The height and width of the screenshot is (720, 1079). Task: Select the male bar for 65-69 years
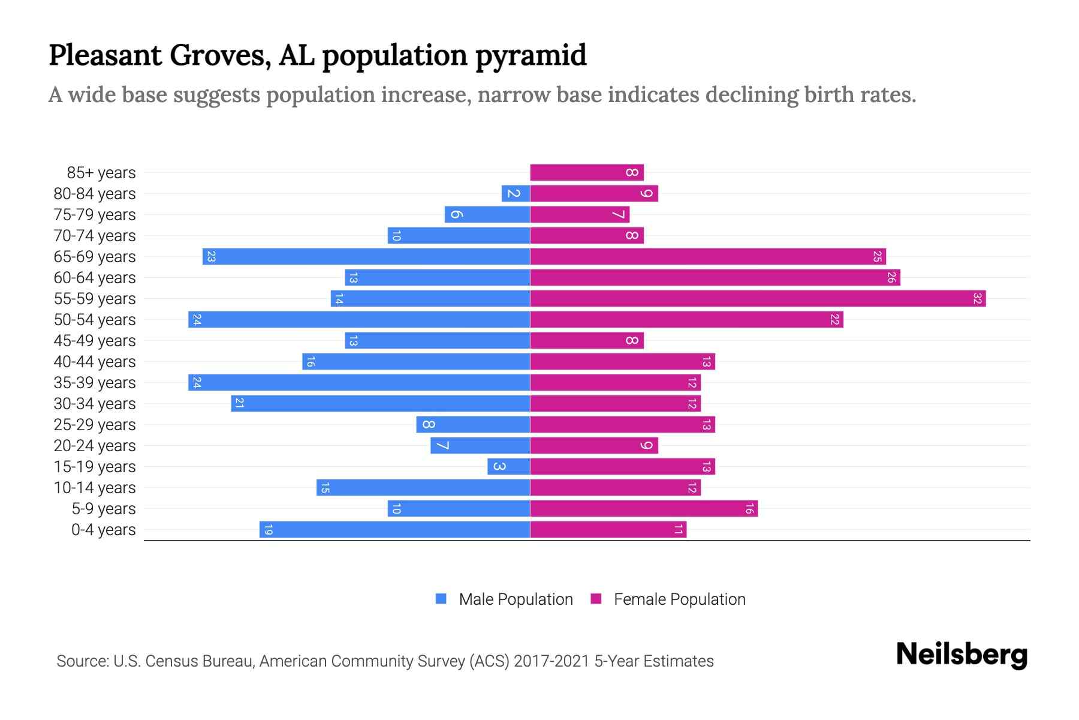(x=366, y=256)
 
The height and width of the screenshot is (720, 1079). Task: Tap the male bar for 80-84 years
(x=516, y=193)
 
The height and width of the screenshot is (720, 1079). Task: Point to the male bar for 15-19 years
(x=508, y=466)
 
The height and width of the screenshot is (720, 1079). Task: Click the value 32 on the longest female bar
(x=977, y=298)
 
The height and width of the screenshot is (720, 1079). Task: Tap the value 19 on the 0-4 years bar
(x=268, y=530)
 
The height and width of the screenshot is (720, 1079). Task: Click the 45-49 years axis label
(x=95, y=340)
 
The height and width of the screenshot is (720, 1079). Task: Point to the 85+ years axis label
(x=101, y=172)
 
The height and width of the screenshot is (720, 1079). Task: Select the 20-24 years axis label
(x=95, y=445)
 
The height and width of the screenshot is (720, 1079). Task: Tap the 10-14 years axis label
(x=95, y=487)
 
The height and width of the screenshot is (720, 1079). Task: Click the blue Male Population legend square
(x=441, y=599)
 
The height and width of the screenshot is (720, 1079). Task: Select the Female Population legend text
(x=679, y=599)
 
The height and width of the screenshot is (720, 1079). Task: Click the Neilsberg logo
(x=962, y=655)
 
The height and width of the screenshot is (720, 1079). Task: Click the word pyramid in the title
(x=531, y=55)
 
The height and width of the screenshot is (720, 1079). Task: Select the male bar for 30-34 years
(x=381, y=403)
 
